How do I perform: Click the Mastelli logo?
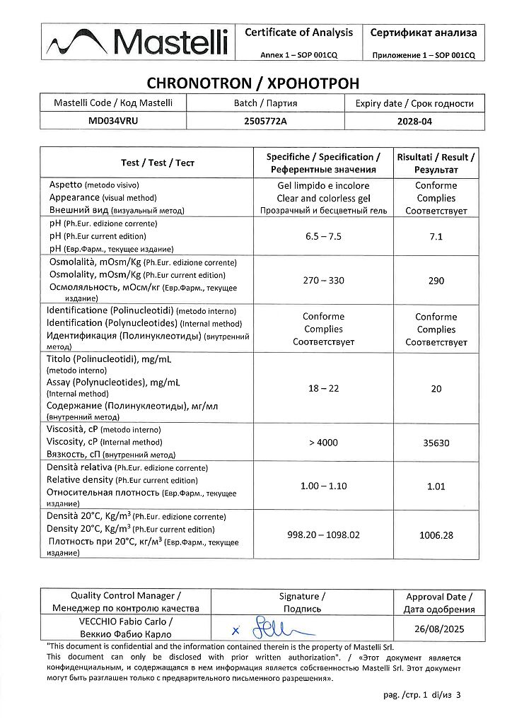(139, 42)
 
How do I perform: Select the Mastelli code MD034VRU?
(112, 121)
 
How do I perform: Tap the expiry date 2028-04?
(415, 122)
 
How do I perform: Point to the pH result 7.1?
(436, 236)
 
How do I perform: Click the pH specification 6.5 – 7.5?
(324, 236)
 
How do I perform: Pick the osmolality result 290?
(436, 281)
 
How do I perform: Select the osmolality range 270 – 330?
(324, 281)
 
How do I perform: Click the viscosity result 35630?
(436, 443)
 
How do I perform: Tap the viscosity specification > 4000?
(324, 443)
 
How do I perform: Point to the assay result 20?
(436, 388)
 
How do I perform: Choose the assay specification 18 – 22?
(324, 388)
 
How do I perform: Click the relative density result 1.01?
(436, 486)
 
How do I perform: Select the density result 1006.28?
(436, 535)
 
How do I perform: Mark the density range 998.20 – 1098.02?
(324, 535)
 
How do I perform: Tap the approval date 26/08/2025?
(436, 628)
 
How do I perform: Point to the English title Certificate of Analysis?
(298, 32)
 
